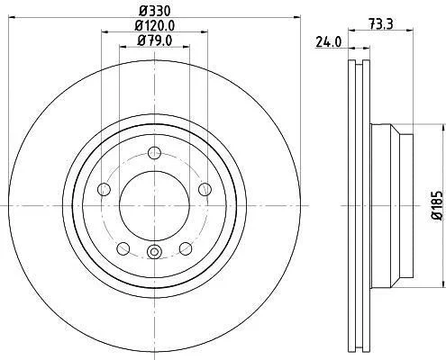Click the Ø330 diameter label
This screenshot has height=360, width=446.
tap(155, 11)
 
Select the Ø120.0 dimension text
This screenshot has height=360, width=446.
tap(155, 25)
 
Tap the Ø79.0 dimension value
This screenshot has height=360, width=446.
tap(155, 40)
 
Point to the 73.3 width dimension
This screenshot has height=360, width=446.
tap(381, 23)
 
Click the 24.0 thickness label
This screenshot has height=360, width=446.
tap(329, 42)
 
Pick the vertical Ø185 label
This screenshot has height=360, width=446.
tap(437, 205)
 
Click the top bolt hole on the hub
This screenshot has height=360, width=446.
tap(155, 153)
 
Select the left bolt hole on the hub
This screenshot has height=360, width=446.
tap(105, 189)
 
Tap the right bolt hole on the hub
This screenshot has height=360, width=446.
tap(205, 189)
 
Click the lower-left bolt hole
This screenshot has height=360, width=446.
tap(123, 248)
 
